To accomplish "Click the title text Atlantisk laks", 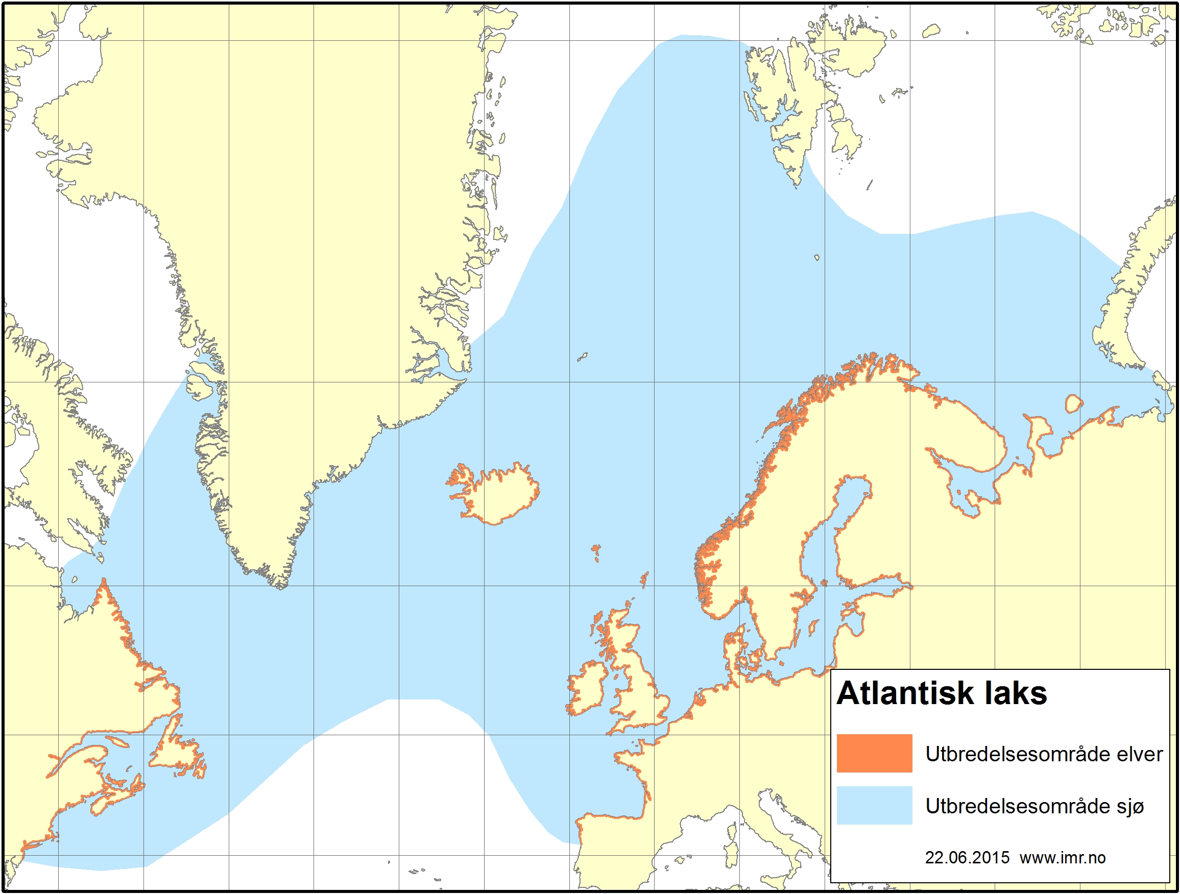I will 942,693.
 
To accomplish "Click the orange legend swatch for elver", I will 874,753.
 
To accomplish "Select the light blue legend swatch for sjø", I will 874,805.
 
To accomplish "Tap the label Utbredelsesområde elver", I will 1044,754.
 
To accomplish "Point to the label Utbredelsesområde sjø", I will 1034,806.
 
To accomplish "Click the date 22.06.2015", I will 967,858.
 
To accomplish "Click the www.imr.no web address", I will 1062,858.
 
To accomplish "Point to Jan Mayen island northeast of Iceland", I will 582,356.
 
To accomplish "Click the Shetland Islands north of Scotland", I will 644,579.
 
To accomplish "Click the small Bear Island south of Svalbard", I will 816,258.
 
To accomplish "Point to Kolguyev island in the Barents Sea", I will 1073,404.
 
